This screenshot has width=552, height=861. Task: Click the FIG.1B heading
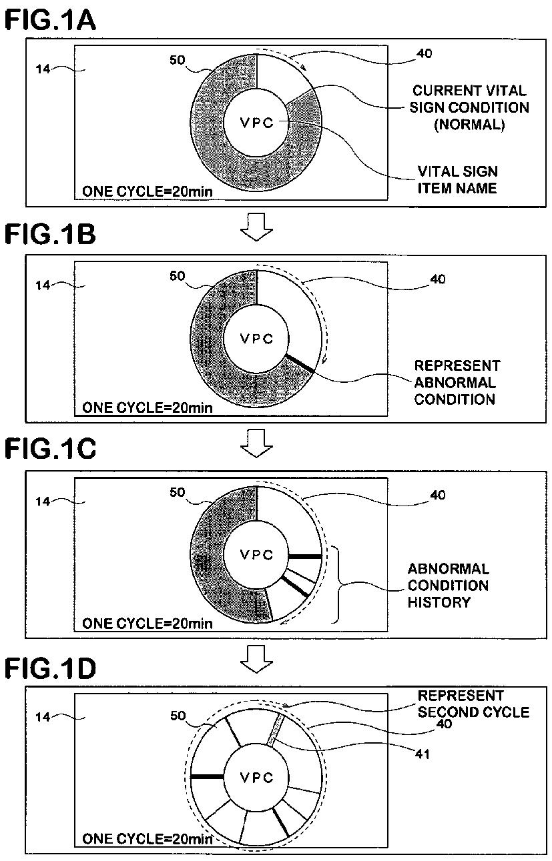[51, 236]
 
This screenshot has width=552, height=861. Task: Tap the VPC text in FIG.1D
[257, 778]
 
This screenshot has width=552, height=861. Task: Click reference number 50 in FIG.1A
[178, 60]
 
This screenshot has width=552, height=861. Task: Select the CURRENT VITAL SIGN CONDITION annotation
[469, 107]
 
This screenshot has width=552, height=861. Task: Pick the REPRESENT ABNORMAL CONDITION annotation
[457, 383]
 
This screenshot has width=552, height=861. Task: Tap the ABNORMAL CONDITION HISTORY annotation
[448, 586]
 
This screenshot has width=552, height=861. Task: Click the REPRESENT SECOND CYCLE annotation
[473, 704]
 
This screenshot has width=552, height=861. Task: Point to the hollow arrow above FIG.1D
[256, 657]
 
